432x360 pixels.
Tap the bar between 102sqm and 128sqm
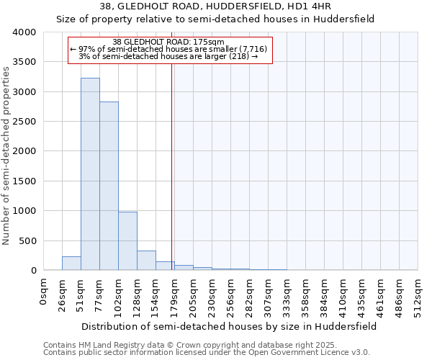pos(127,241)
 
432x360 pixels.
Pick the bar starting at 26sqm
pos(71,264)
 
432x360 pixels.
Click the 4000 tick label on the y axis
pos(24,32)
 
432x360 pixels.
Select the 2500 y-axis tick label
pos(24,122)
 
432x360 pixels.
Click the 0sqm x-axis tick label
pos(44,292)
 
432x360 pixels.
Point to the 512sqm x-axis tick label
pos(418,295)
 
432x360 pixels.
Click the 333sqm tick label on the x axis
pos(287,295)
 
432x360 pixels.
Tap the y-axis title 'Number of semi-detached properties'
pos(7,156)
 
